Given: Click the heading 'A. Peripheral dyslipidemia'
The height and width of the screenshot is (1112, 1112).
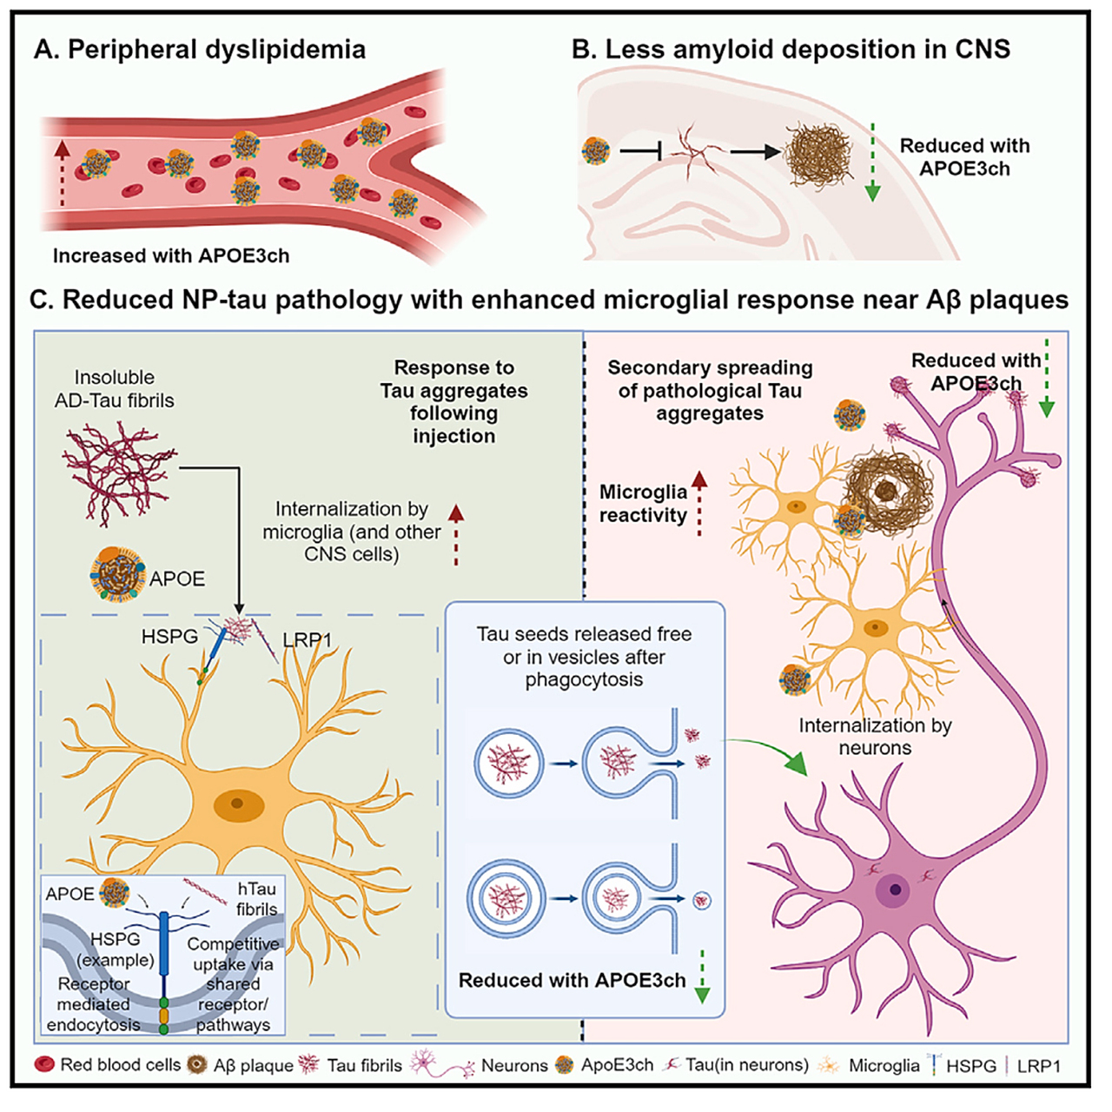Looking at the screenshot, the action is (200, 50).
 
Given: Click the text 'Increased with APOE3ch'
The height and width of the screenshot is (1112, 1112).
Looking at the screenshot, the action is (171, 255).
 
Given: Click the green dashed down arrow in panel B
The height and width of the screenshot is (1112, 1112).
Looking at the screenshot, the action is (873, 162).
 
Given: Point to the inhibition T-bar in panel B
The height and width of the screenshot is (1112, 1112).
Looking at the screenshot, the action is (640, 152).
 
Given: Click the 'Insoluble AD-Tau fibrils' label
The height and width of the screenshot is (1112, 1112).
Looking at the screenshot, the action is (115, 388).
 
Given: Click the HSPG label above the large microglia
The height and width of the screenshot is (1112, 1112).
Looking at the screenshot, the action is (169, 637).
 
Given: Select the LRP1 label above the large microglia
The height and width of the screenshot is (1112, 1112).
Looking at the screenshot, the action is (307, 640).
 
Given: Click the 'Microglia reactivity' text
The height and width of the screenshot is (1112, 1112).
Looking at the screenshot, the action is (643, 503).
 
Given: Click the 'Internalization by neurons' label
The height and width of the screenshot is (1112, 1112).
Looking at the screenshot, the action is (875, 737).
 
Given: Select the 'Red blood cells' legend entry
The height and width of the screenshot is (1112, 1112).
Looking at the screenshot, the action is (108, 1065).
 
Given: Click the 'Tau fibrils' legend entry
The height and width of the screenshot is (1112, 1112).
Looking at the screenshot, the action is (350, 1065).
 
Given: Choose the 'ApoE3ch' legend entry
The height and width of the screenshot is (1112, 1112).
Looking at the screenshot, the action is (604, 1065).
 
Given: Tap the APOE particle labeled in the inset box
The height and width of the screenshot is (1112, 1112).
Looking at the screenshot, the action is (114, 892).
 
